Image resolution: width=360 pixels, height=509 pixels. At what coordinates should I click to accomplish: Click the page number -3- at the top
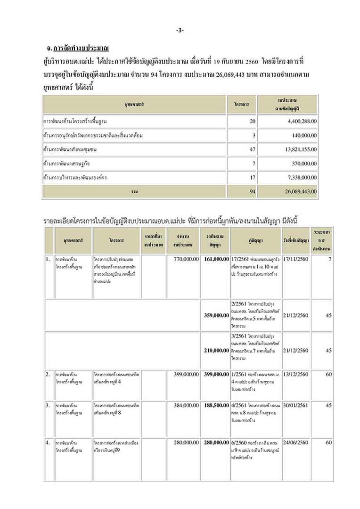tap(180, 30)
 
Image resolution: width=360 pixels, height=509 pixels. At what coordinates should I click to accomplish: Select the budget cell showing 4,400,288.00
tap(300, 122)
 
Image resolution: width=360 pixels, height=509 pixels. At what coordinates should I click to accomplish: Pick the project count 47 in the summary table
tap(252, 149)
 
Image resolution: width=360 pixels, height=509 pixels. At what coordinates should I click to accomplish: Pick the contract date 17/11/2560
tap(296, 259)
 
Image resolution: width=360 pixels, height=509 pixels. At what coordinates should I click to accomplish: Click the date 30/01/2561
tap(296, 405)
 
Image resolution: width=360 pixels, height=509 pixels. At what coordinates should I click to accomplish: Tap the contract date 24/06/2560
tap(296, 443)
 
